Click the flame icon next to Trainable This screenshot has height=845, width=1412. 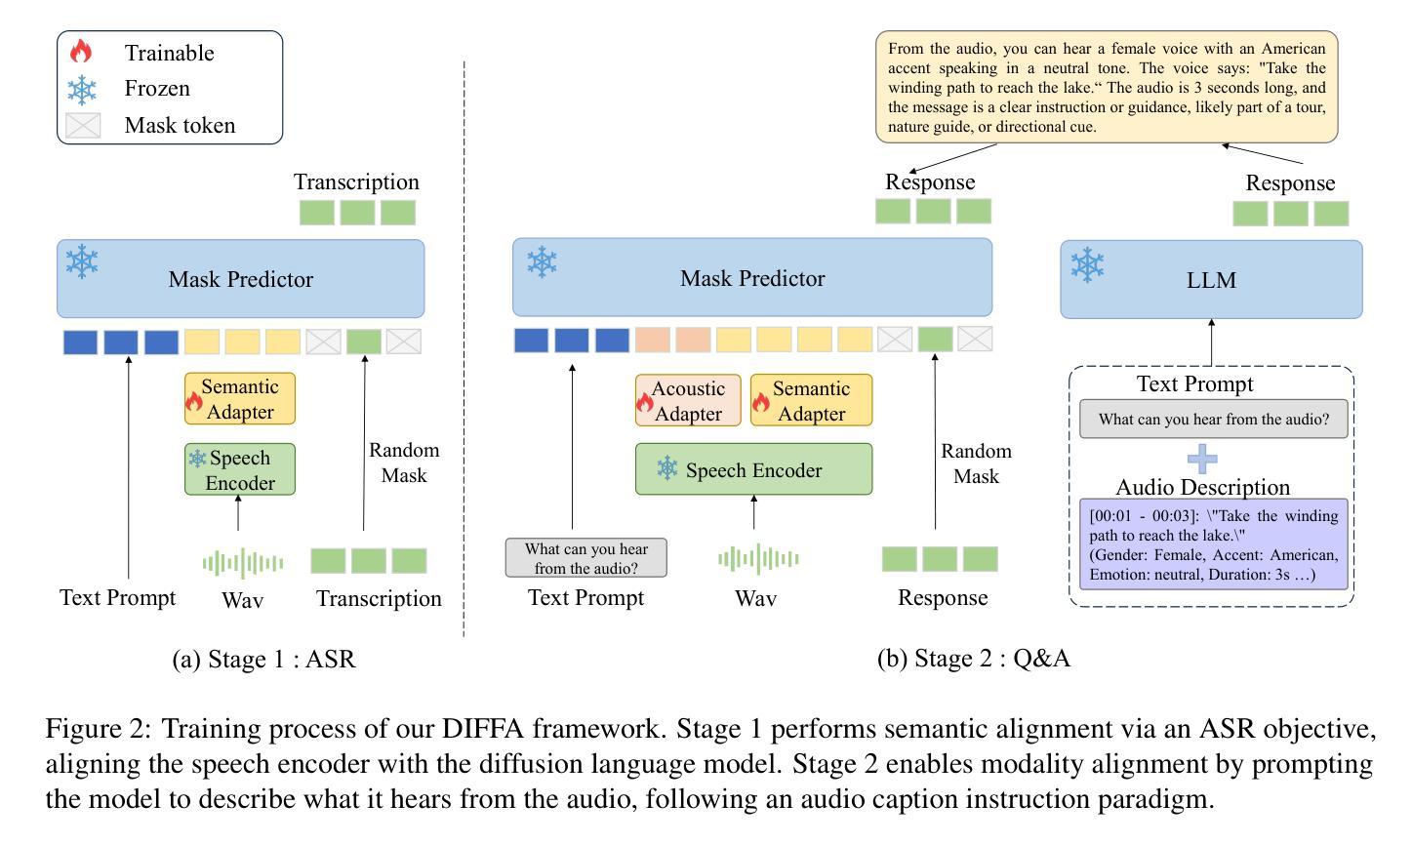[x=81, y=52]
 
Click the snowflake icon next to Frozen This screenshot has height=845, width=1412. [x=82, y=89]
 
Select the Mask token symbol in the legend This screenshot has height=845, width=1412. [x=83, y=125]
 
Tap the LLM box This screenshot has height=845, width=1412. [x=1211, y=280]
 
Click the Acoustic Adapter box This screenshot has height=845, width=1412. [x=688, y=400]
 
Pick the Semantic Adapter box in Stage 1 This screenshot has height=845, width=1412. [x=240, y=399]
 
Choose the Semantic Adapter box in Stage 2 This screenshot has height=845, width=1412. [x=811, y=400]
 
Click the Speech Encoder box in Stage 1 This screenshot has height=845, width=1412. [x=240, y=469]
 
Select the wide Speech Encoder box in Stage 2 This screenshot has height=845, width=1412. [x=753, y=469]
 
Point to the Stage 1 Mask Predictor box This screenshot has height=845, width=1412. [x=241, y=279]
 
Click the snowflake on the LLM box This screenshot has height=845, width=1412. [x=1087, y=264]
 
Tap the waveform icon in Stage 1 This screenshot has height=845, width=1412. [x=243, y=562]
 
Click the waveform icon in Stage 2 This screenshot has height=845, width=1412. [x=758, y=559]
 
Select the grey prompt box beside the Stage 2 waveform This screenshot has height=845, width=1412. [x=586, y=557]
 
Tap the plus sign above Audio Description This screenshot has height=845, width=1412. [x=1202, y=458]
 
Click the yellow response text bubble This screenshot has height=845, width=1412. [x=1107, y=87]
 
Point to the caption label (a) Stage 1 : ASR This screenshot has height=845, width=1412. [x=263, y=660]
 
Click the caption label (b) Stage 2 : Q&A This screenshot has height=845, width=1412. [x=973, y=659]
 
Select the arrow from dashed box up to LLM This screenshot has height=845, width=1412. [x=1211, y=342]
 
